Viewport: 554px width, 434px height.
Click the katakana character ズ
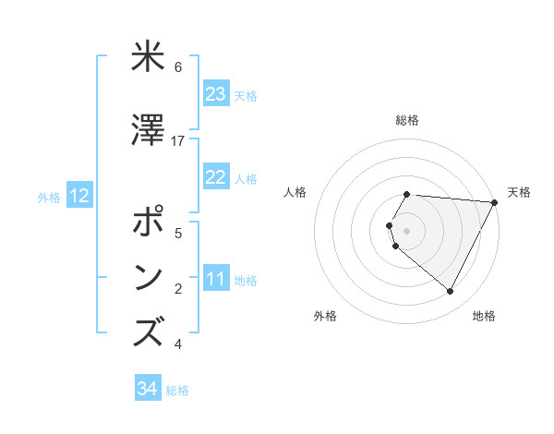click(148, 333)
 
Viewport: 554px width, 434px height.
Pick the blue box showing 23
click(216, 94)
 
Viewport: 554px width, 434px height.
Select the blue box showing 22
click(216, 177)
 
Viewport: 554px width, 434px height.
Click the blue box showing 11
click(216, 280)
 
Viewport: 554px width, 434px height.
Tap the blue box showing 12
click(79, 196)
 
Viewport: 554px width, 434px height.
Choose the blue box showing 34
click(148, 389)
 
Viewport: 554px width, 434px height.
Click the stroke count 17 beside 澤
click(178, 141)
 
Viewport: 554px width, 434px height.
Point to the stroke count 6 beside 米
click(178, 67)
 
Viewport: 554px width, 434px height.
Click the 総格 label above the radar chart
click(407, 120)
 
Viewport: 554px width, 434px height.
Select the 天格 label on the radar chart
click(519, 192)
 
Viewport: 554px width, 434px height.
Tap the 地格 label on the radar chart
click(484, 317)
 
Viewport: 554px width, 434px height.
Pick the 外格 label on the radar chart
click(325, 317)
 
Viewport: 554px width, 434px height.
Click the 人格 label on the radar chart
click(295, 192)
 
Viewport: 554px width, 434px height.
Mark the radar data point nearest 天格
click(495, 202)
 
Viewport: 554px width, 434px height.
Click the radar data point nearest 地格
click(451, 292)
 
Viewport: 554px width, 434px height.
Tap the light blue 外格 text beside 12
click(49, 197)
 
